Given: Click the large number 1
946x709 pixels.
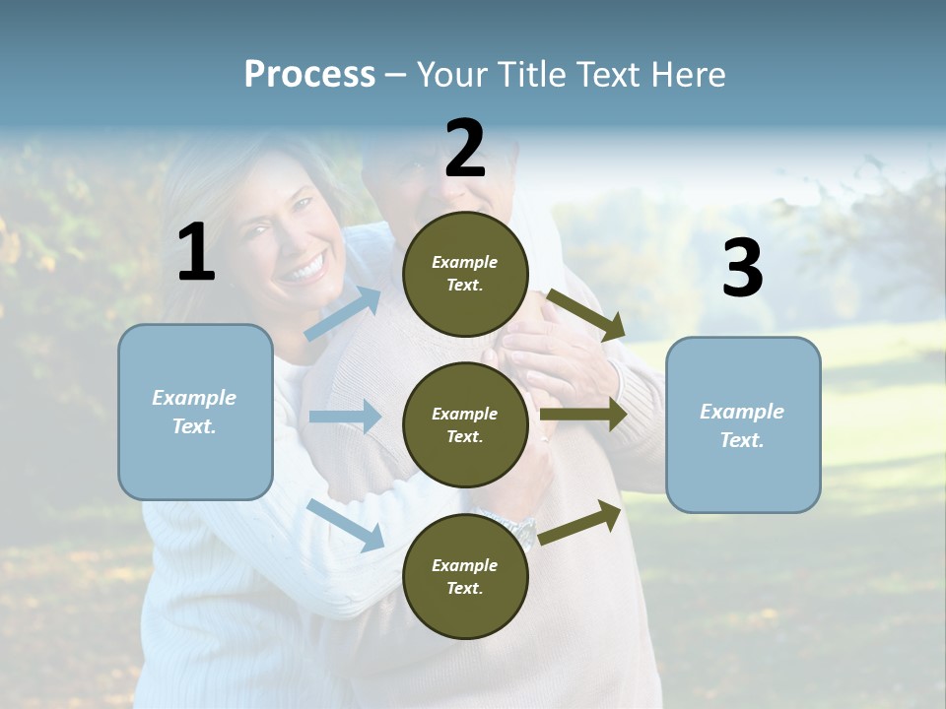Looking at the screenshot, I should coord(196,252).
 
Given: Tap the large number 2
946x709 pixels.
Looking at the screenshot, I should coord(465,149).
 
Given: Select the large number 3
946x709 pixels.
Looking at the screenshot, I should coord(742,269).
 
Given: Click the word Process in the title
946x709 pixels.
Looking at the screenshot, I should coord(309,74).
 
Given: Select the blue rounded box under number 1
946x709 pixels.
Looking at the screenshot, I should coord(195,412).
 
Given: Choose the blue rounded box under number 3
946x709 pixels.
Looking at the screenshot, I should coord(743,424).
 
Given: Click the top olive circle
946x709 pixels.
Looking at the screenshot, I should coord(465,274).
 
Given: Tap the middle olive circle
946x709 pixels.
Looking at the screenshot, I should coord(465,424).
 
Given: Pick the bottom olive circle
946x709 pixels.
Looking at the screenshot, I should coord(465,576).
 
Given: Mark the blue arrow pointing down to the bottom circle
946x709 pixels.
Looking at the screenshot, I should coord(345,524).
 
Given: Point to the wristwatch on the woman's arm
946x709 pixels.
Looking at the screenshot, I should coord(520,533).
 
